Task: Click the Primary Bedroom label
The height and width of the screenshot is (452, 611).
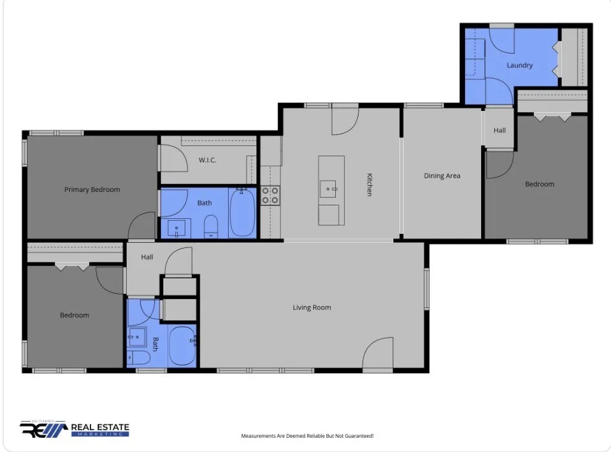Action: click(92, 189)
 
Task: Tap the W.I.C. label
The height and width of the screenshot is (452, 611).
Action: click(207, 159)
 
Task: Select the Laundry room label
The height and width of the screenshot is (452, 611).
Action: click(519, 65)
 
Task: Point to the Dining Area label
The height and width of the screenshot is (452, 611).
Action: click(442, 176)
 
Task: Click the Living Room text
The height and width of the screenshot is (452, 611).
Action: click(312, 307)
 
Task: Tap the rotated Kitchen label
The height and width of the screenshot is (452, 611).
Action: click(369, 185)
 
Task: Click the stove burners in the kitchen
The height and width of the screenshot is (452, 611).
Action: click(270, 196)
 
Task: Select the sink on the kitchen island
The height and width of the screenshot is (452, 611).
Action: click(328, 189)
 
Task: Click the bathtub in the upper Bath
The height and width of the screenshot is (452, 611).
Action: click(242, 212)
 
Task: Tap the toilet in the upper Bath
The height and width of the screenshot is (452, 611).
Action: click(211, 227)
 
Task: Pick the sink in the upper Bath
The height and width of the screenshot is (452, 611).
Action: click(176, 229)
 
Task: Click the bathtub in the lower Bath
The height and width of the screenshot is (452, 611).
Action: click(182, 346)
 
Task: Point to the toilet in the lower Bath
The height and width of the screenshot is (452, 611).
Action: click(139, 357)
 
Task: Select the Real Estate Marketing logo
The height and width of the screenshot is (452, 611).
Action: click(74, 429)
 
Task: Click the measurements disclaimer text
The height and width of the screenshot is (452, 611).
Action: click(307, 436)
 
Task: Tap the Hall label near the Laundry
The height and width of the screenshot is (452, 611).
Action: click(499, 130)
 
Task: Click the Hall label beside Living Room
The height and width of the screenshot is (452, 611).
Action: click(147, 257)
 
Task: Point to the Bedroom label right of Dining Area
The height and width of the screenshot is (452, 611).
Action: click(539, 184)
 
